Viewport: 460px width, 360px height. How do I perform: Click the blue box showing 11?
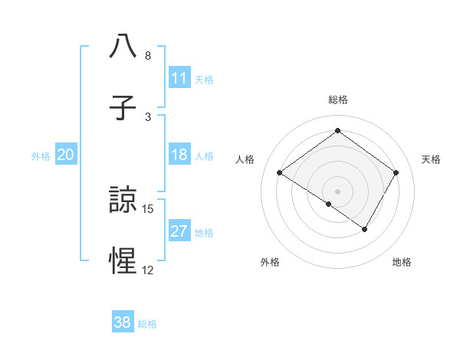tap(179, 78)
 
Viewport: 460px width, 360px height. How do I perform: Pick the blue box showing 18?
tap(179, 155)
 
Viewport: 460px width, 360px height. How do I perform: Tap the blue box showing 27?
tap(179, 232)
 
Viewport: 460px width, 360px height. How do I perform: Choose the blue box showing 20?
tap(66, 155)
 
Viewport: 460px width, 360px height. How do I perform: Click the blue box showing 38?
tap(123, 322)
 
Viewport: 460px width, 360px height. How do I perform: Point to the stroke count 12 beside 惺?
tap(148, 270)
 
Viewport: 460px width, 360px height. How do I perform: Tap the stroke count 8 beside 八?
tap(148, 56)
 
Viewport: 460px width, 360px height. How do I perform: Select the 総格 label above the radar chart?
tap(338, 100)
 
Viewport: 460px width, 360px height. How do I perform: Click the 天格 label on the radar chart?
tap(431, 159)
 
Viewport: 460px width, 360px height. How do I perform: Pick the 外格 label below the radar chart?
tap(270, 262)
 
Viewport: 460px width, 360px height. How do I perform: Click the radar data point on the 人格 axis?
tap(280, 172)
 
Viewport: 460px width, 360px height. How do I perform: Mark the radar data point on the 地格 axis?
tap(365, 229)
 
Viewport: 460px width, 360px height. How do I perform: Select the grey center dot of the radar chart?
tap(338, 191)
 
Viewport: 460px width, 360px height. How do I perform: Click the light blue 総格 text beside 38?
tap(147, 324)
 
